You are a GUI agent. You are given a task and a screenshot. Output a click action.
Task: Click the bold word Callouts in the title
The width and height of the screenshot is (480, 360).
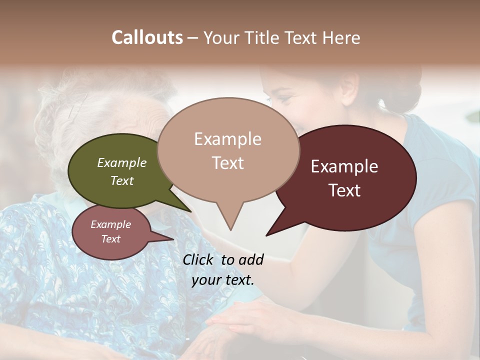coord(147,37)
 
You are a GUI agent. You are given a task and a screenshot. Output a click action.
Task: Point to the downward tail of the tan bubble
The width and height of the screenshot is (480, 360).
coord(230,220)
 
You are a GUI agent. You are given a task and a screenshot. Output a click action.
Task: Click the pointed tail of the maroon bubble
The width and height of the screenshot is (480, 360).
coord(275,230)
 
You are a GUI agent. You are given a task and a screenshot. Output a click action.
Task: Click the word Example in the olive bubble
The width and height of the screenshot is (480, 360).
coord(122,163)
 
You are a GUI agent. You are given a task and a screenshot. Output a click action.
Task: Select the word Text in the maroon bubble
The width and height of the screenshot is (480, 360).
coord(344,190)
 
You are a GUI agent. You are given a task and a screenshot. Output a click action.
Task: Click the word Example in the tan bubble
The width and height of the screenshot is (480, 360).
coord(227,139)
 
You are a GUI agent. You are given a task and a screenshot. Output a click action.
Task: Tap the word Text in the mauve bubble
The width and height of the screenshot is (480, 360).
coord(110,239)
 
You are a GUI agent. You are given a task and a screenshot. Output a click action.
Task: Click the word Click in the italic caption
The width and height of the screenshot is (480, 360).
coord(199,259)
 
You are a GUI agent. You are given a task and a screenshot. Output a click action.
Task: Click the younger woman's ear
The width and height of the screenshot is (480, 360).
coord(350,85)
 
